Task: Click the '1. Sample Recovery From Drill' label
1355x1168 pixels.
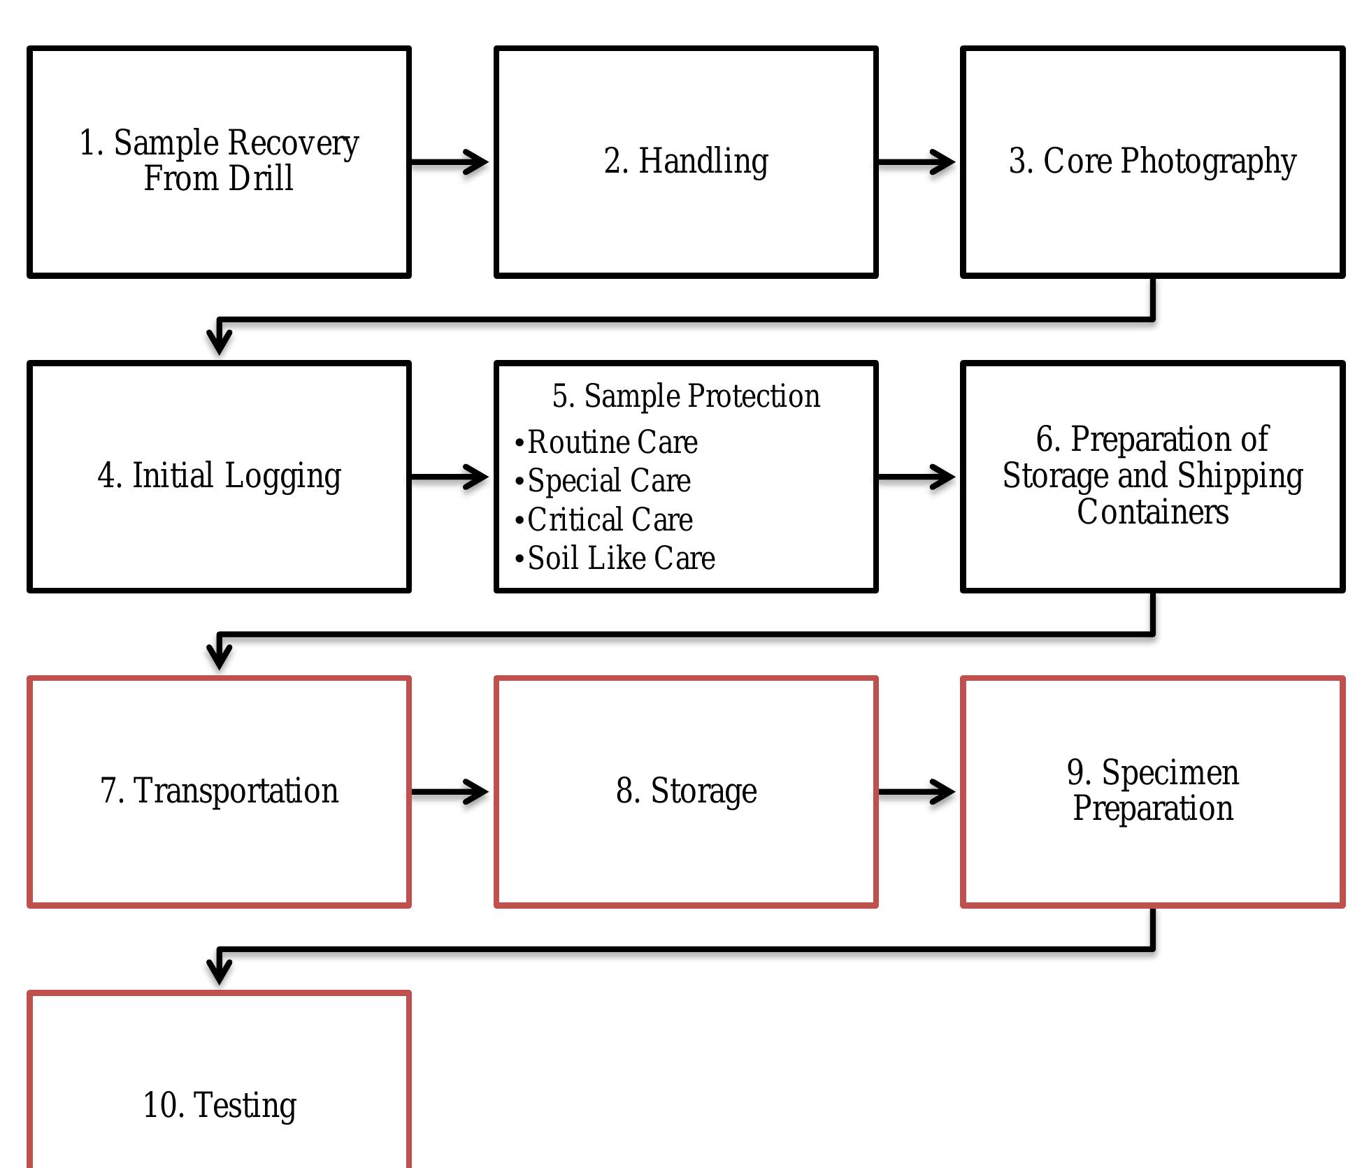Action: (x=219, y=160)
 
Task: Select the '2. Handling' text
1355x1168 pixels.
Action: (x=686, y=161)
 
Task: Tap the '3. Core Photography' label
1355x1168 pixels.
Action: (x=1152, y=161)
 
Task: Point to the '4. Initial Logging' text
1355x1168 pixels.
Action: (x=220, y=475)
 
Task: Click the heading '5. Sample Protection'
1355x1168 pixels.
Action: (x=686, y=396)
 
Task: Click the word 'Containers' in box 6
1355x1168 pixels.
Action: (x=1152, y=512)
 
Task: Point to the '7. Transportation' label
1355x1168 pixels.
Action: (x=220, y=791)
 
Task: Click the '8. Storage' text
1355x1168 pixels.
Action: (x=686, y=791)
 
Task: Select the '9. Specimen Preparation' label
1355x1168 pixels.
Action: (x=1152, y=791)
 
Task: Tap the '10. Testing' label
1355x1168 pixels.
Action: (x=220, y=1105)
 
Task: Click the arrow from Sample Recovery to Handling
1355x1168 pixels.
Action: (x=450, y=162)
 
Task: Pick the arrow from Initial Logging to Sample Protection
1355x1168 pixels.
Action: (x=450, y=477)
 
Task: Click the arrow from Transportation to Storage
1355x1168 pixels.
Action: (x=450, y=792)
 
